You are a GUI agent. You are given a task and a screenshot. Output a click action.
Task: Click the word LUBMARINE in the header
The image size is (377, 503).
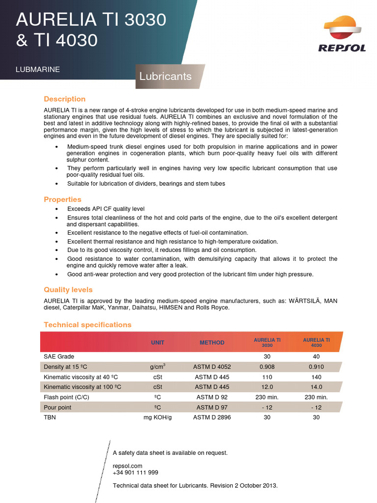click(x=38, y=70)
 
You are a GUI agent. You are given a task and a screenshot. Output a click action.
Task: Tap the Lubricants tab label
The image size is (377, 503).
click(x=165, y=77)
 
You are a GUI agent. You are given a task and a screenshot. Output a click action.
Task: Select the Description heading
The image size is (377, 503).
click(x=64, y=99)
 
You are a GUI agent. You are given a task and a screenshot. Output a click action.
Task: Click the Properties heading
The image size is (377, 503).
click(x=62, y=199)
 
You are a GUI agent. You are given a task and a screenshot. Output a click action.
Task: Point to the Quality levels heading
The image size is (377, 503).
click(x=68, y=290)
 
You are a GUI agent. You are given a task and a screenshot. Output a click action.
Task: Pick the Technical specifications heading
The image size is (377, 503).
click(x=87, y=325)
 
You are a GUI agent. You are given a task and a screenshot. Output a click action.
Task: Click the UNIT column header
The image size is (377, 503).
click(x=158, y=343)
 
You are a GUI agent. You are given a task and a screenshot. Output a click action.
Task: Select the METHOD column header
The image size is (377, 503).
click(x=212, y=343)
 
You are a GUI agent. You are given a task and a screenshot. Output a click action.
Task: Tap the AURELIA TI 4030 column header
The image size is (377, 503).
click(x=316, y=342)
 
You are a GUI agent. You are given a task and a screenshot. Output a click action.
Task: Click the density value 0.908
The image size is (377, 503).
click(x=267, y=366)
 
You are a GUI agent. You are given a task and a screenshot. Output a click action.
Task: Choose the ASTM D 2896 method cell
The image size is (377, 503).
click(x=212, y=417)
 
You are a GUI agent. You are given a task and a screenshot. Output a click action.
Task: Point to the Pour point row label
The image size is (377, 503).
click(x=57, y=407)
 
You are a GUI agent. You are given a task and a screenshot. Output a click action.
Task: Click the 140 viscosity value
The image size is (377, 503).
click(x=316, y=377)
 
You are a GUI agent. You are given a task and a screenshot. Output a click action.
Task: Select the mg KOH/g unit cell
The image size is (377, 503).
click(x=158, y=417)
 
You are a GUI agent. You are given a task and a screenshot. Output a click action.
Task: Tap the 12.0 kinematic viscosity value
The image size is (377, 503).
click(x=267, y=387)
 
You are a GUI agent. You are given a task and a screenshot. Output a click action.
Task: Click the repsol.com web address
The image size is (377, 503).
click(x=127, y=466)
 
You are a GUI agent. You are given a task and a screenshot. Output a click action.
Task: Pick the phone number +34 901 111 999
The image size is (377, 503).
click(x=135, y=473)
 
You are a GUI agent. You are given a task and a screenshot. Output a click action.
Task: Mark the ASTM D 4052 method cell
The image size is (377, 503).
click(x=212, y=366)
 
